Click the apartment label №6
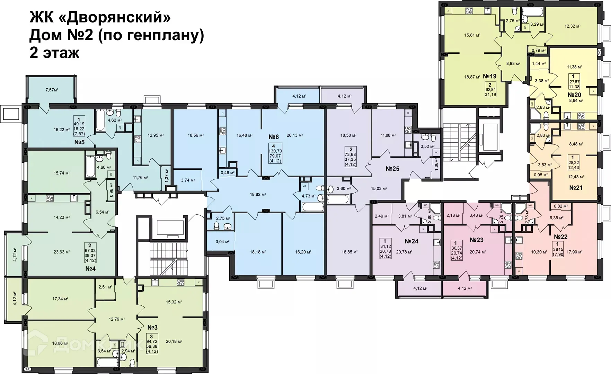coord(274,137)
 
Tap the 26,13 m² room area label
coord(294,135)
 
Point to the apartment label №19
coord(490,76)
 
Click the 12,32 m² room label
coord(572,26)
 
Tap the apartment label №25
coord(392,169)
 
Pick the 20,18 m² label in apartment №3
coord(174,341)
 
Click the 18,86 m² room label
coord(60,344)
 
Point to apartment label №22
coord(560,237)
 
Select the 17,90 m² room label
coord(574,252)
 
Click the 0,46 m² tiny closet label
coord(228,172)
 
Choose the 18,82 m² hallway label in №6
coord(258,195)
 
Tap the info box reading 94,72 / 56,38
coord(152,344)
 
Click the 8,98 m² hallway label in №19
coord(513,64)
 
